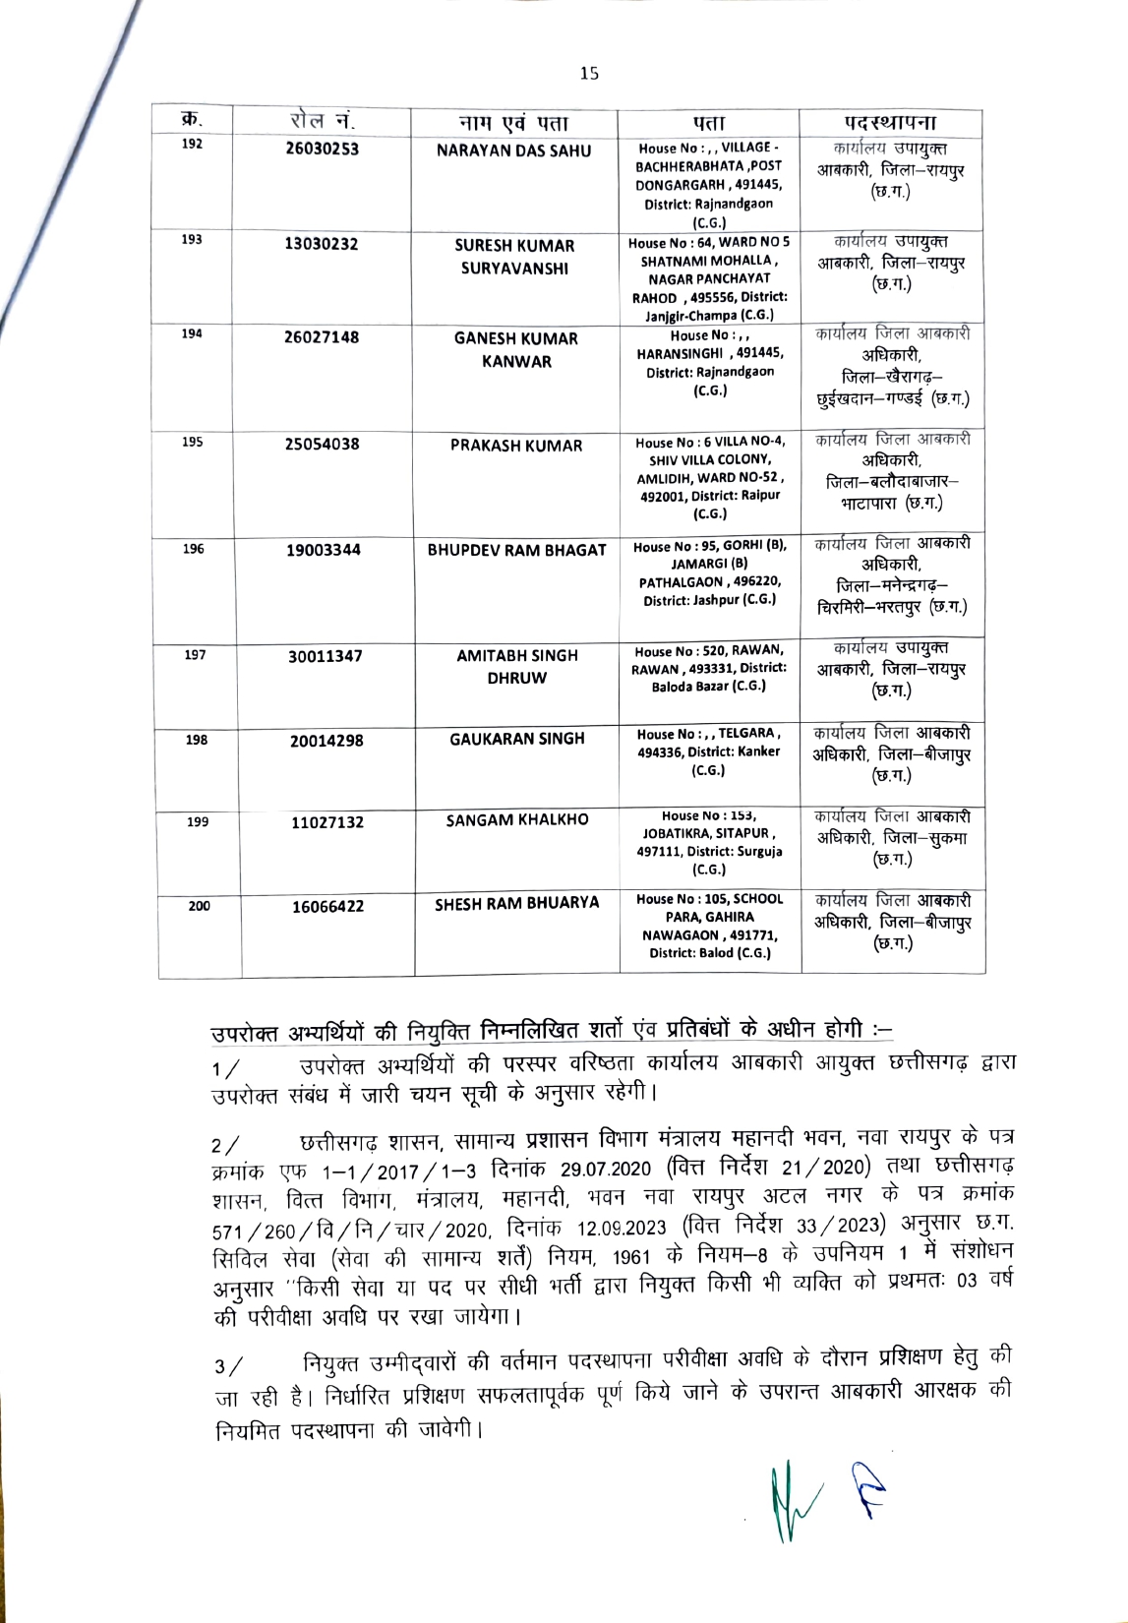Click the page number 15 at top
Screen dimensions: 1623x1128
[589, 73]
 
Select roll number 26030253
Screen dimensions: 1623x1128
[322, 150]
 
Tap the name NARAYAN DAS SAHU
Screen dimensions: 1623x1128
[514, 150]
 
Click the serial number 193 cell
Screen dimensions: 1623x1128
[193, 240]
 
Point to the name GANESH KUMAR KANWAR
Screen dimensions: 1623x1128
[516, 349]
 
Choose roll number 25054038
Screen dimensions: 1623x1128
[323, 444]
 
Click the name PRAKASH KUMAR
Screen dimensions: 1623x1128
[516, 446]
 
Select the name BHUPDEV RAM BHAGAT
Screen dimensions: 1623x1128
[516, 550]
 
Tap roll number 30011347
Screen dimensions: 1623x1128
[326, 656]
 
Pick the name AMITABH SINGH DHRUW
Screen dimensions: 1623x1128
[516, 666]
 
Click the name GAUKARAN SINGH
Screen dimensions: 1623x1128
[516, 739]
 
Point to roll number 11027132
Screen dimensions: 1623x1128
[327, 822]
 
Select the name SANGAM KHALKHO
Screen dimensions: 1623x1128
[516, 819]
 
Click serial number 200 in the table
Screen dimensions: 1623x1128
[199, 906]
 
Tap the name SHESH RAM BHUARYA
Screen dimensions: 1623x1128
[516, 903]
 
